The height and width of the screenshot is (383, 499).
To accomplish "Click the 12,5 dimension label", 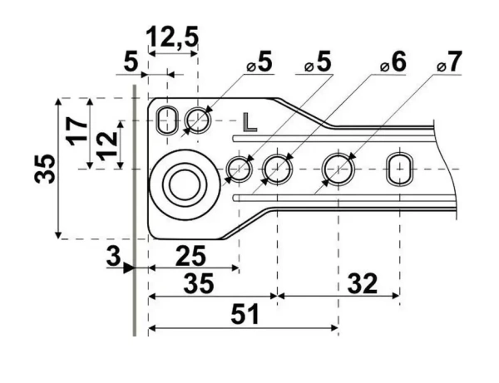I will coord(173,38).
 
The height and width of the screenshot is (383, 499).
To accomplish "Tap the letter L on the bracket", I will coord(250,122).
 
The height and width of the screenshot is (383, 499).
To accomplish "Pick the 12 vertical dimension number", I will coord(106,145).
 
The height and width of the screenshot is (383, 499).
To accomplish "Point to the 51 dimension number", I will coord(245,315).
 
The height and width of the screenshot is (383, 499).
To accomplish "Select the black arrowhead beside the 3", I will coord(128,268).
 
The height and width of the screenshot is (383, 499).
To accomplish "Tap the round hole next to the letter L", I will coord(198,121).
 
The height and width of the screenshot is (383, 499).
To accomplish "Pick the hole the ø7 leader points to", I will coord(338,169).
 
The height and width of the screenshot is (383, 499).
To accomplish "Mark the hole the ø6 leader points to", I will coord(275,169).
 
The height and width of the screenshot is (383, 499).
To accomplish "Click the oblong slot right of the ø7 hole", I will coord(399,169).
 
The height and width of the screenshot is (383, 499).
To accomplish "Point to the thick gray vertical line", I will coord(134,208).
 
